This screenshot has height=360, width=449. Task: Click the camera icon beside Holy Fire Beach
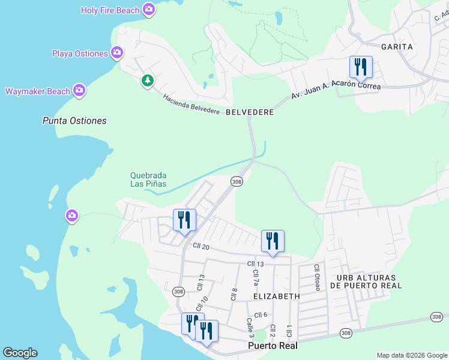(149, 10)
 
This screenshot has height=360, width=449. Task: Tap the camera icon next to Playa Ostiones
(117, 53)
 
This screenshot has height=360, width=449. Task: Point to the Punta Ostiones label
(74, 121)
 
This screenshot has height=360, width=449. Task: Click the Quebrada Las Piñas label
(148, 179)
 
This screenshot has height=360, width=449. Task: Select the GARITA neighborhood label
(397, 46)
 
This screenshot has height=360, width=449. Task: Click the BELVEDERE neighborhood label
(250, 112)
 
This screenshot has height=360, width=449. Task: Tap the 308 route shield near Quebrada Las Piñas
(237, 181)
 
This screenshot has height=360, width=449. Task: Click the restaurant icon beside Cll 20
(184, 219)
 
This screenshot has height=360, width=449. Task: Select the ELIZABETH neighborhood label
(277, 296)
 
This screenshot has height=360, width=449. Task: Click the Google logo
(20, 353)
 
